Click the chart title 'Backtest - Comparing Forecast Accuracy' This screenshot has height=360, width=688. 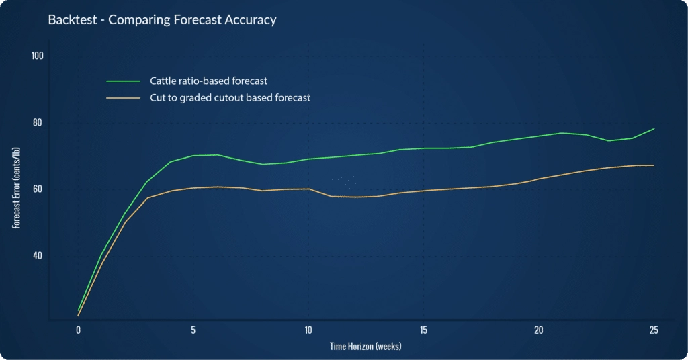coord(162,20)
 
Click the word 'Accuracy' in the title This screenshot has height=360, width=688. coord(250,20)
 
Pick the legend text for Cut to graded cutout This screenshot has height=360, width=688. coord(230,98)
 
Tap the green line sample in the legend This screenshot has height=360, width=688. coord(123,81)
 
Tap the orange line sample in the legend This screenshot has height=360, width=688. coord(123,98)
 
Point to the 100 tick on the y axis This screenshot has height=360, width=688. coord(38,56)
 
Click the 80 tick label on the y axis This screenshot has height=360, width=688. coord(38,122)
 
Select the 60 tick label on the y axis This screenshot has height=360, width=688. coord(38,189)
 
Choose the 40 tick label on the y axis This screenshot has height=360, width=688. coord(38,255)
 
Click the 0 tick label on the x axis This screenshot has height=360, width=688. coord(78,330)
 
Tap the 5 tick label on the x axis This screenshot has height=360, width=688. coord(193,330)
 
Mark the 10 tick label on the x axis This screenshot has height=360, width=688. coord(308,330)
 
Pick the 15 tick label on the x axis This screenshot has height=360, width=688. coord(423,330)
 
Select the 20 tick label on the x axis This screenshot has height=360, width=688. coord(538,330)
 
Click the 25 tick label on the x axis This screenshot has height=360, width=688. coord(653,330)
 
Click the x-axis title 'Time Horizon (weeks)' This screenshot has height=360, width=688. coord(365,347)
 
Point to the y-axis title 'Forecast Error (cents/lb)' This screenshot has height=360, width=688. coord(15,189)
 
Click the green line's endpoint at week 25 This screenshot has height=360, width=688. coord(654,129)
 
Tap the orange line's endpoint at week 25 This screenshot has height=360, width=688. coord(654,165)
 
